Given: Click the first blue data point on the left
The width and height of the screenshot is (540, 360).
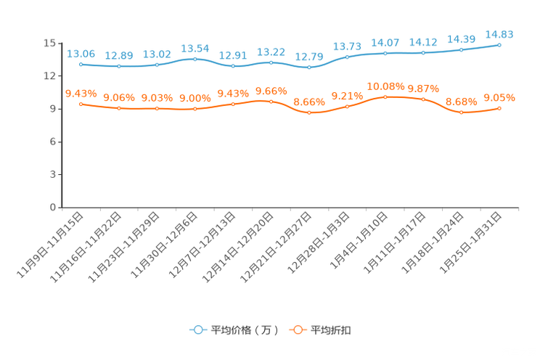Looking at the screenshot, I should tap(81, 64).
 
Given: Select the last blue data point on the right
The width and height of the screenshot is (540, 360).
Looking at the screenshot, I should tap(499, 45).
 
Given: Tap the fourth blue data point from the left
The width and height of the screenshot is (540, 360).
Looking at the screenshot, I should tap(195, 58).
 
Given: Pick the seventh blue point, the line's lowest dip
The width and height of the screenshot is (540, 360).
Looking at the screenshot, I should tap(309, 67).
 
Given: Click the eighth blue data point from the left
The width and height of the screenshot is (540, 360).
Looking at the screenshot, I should tap(347, 57).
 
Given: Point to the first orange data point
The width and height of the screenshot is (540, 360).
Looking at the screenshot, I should tap(81, 105).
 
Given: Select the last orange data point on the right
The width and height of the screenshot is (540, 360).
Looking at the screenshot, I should tap(499, 109).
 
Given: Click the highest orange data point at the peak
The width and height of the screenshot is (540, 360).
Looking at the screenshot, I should tap(385, 97).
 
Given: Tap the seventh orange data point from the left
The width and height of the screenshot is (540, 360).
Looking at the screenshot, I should tap(309, 112).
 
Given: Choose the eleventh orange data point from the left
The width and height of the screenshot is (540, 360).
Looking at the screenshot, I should tap(462, 112).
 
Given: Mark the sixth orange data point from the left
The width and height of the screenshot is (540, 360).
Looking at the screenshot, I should tap(271, 102).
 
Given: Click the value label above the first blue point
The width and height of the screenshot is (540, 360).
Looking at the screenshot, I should tap(81, 54).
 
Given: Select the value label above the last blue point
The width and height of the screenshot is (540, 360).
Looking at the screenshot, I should tap(499, 34).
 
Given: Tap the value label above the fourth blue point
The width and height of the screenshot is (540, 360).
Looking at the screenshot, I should tap(195, 49).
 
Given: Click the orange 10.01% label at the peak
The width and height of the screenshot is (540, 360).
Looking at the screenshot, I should tap(385, 86).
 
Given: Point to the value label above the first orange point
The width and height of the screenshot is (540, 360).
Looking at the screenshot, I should tap(81, 94).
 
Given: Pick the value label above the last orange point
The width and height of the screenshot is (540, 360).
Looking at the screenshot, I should tap(499, 98).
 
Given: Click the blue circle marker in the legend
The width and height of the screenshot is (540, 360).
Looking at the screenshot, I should tap(197, 330).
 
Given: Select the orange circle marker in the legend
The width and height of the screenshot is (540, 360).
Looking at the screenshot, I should tap(298, 330).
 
